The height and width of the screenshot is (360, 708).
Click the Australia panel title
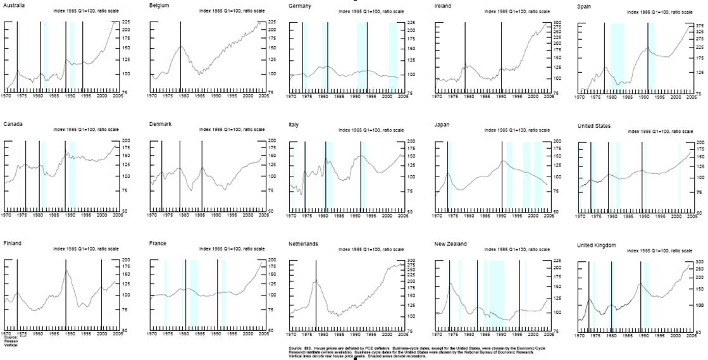[x=14, y=5]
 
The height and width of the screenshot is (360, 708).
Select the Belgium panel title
[x=158, y=5]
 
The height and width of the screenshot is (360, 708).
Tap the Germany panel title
[x=299, y=5]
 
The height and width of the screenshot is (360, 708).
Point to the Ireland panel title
[x=444, y=5]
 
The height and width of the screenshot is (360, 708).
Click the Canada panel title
[x=13, y=124]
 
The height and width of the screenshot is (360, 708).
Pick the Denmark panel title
[x=160, y=124]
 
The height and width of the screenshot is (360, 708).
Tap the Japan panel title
[x=442, y=125]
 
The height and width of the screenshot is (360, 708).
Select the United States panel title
[x=594, y=125]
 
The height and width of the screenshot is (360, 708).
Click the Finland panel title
[x=13, y=244]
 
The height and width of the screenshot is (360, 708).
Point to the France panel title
[x=158, y=244]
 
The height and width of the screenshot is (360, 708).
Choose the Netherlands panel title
[x=304, y=244]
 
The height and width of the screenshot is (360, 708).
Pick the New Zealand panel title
[x=451, y=244]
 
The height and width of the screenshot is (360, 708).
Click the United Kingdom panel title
[x=599, y=244]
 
